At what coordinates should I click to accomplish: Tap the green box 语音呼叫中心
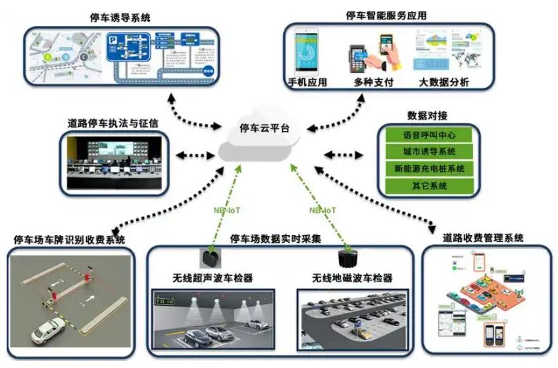(x=429, y=135)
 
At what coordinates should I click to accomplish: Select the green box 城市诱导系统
(x=429, y=152)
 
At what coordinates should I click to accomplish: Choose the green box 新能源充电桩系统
(x=429, y=169)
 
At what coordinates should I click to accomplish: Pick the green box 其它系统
(x=429, y=186)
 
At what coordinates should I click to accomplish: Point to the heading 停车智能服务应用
(x=386, y=15)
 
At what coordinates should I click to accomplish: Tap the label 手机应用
(x=307, y=83)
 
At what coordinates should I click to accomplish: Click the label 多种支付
(x=375, y=83)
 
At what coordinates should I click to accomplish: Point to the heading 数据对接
(x=427, y=116)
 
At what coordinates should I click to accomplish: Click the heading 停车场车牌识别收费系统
(x=70, y=240)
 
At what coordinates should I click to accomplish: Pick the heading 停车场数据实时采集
(x=276, y=240)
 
